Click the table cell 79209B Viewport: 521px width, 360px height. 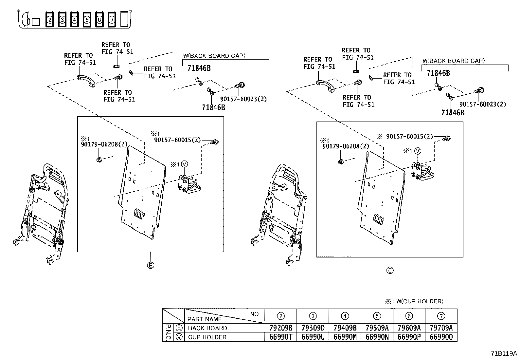[x=280, y=328]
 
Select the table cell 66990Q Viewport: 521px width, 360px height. [x=441, y=337]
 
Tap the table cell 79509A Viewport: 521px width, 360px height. [x=377, y=328]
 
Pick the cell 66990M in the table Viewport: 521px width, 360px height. [x=345, y=337]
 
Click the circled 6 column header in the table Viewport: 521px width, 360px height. [x=409, y=316]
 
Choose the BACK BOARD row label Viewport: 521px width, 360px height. [x=207, y=328]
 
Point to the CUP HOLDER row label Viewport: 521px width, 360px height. [x=207, y=337]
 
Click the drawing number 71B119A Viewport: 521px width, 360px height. [x=503, y=353]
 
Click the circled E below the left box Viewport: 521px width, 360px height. [x=151, y=265]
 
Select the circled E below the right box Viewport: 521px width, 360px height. [x=390, y=270]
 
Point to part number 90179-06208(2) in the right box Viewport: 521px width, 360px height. [x=345, y=146]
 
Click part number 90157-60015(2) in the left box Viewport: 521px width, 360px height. [x=177, y=140]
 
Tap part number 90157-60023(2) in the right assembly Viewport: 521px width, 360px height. [x=482, y=104]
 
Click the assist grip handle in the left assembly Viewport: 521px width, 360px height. [x=86, y=81]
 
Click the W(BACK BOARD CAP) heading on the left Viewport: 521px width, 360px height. [x=214, y=56]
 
